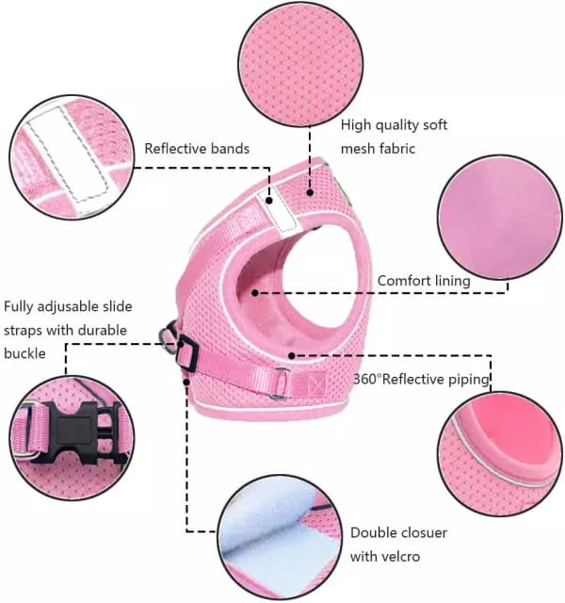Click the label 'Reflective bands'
197,149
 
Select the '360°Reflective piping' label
421,379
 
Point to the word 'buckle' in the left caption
24,353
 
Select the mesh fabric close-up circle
300,64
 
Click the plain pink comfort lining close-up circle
500,218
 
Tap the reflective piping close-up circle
500,454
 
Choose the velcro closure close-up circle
280,537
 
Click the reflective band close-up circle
72,157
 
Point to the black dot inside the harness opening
255,293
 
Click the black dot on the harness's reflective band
269,201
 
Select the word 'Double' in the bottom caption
374,532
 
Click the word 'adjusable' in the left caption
63,306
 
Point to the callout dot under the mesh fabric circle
310,192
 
